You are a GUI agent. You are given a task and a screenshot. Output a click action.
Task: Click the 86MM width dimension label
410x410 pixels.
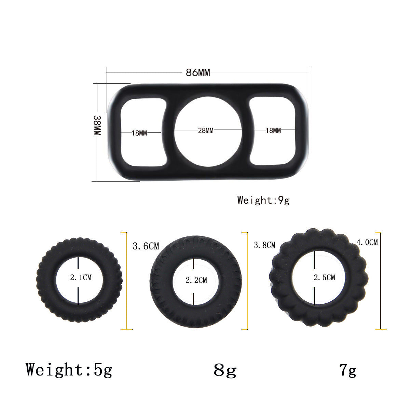tap(198, 72)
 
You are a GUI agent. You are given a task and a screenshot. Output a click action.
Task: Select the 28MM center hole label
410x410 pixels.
tap(206, 131)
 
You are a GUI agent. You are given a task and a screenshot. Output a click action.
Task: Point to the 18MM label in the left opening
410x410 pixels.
tap(139, 133)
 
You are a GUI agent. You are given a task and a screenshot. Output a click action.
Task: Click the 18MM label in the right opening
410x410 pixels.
tap(273, 130)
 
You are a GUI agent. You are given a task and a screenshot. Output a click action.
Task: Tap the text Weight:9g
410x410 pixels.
tap(263, 200)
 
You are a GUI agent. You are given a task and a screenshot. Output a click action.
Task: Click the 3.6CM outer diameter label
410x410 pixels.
tap(146, 246)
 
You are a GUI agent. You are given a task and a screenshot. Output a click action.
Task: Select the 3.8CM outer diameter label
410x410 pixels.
tap(265, 245)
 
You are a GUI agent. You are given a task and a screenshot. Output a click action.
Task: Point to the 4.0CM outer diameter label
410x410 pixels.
tap(367, 242)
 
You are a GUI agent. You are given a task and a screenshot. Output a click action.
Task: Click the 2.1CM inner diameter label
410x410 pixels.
tap(81, 277)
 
